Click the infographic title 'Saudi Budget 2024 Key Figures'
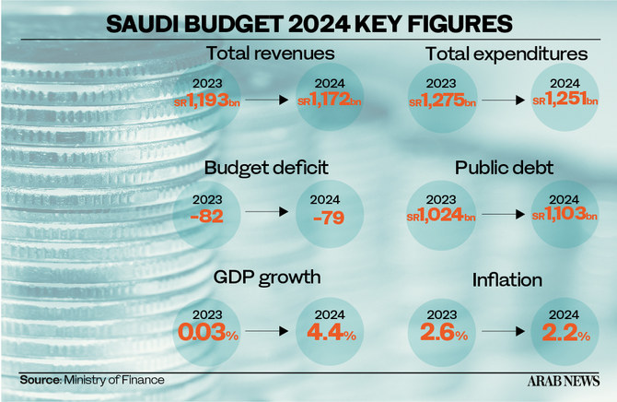308,21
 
